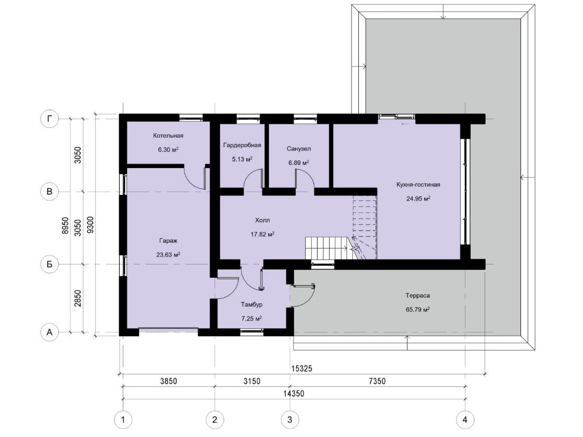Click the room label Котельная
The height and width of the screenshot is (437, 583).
coord(168,136)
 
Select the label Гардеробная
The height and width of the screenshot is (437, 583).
coord(242,145)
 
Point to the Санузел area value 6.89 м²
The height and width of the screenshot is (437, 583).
coord(299,163)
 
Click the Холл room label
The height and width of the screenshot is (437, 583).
coord(262,220)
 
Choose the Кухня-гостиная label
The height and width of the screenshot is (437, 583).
coord(418,185)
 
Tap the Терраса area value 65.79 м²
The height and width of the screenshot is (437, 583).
coord(418,309)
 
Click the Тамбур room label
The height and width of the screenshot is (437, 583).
coord(252,304)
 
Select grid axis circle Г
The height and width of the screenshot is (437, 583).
coord(50,119)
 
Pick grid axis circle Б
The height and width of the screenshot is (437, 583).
coord(50,264)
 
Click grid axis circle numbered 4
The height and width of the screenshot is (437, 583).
coord(465,420)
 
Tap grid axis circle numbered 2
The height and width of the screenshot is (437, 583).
coord(215,420)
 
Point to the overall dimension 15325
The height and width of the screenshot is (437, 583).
coord(301,369)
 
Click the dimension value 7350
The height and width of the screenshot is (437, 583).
coord(377,381)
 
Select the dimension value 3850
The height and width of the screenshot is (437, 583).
coord(168,381)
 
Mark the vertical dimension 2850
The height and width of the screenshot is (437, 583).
coord(77,299)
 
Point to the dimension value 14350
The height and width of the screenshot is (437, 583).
coord(294,393)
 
